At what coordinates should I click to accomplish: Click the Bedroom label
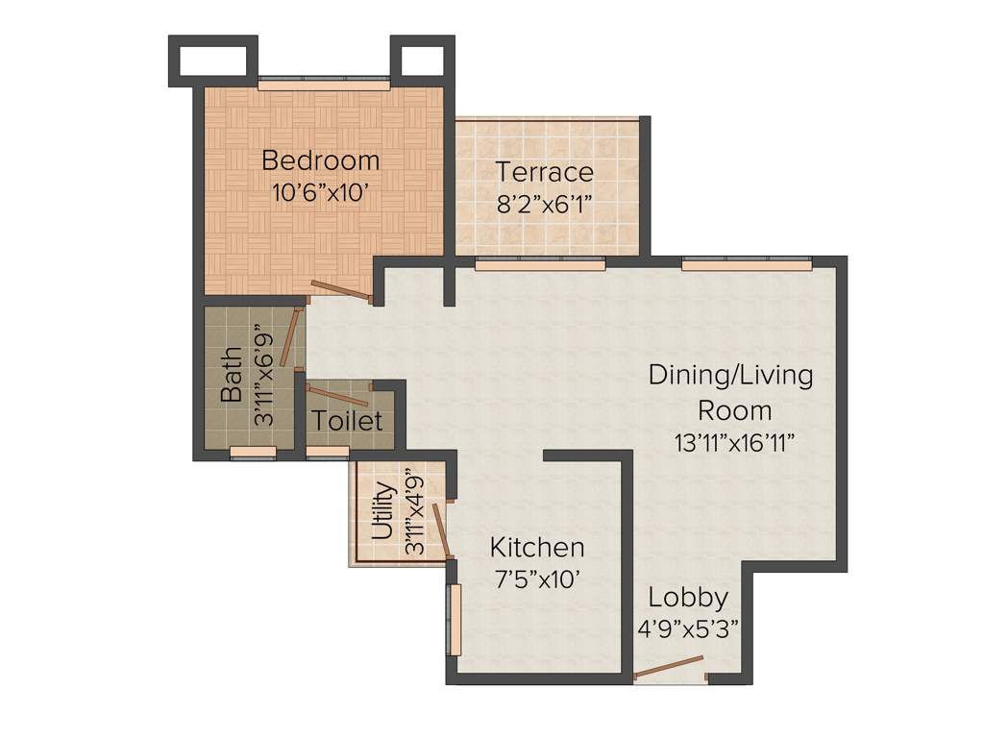click(320, 160)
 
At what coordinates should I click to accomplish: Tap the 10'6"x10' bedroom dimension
click(321, 192)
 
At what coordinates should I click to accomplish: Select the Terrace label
click(544, 172)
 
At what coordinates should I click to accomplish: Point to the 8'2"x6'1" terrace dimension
click(544, 204)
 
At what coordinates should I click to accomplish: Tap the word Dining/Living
click(730, 375)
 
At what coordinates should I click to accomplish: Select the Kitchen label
click(537, 548)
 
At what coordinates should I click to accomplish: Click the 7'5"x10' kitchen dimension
click(537, 579)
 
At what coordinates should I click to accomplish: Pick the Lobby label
click(687, 598)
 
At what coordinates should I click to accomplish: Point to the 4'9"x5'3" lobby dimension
click(687, 629)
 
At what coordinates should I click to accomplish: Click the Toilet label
click(348, 421)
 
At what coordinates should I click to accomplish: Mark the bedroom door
click(342, 290)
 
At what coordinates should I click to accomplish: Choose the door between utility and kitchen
click(441, 529)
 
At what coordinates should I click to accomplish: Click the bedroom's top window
click(323, 85)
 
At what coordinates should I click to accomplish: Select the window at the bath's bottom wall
click(253, 453)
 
